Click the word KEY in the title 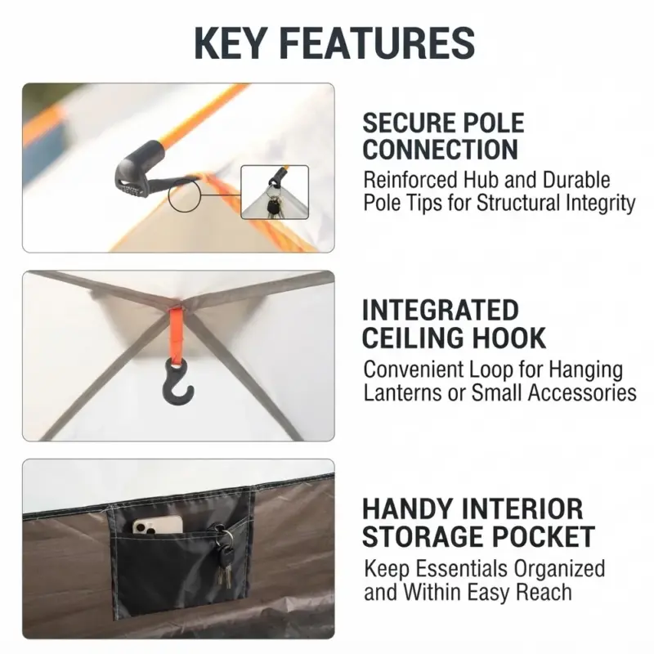[x=230, y=43]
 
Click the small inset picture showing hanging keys [x=275, y=192]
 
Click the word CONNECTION [x=440, y=150]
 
